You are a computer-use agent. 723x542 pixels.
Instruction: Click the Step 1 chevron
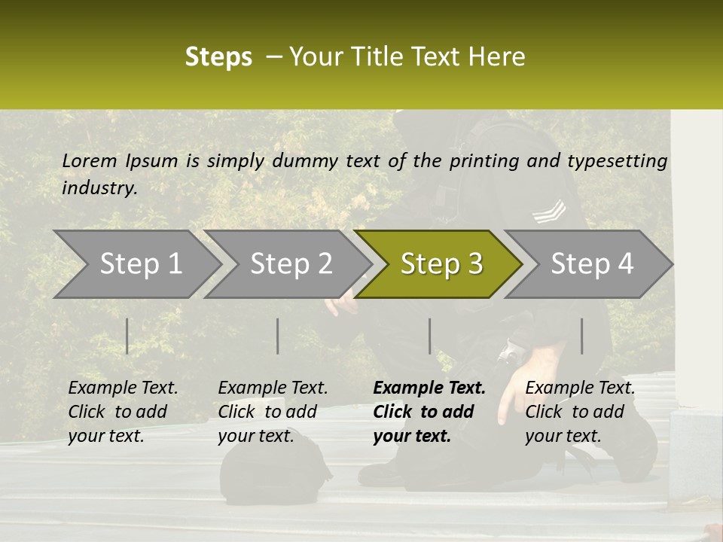140,264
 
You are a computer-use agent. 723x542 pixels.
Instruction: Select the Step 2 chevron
291,264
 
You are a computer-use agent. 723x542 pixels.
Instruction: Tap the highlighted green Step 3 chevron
441,264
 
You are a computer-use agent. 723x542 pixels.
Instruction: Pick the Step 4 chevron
591,264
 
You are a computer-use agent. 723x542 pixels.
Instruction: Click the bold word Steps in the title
218,57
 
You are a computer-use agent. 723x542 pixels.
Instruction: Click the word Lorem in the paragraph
90,161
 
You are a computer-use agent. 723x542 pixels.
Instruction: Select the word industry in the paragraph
99,188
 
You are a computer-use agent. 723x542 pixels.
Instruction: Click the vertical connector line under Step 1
127,336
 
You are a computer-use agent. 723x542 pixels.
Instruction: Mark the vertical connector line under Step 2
278,336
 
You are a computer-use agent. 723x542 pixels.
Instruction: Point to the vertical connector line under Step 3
429,336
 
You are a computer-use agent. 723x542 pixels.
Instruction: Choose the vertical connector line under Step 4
581,336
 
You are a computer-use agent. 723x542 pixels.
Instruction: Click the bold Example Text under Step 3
429,388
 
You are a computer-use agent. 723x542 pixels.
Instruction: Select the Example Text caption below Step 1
123,388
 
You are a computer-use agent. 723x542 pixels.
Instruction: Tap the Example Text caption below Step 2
273,388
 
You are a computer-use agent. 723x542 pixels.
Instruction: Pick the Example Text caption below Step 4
580,388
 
